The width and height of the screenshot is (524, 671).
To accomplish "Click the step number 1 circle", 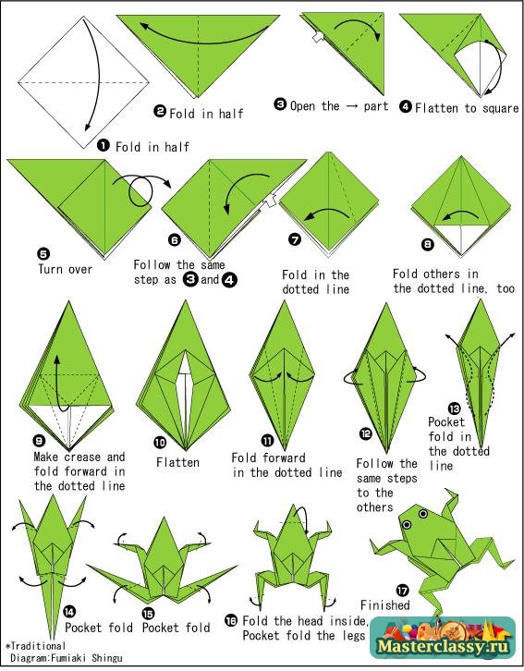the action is coord(104,145).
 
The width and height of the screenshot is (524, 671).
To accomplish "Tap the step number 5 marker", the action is coord(43,254).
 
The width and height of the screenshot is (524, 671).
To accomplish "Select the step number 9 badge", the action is coord(39,441).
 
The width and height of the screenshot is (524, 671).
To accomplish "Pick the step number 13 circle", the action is coord(455,409).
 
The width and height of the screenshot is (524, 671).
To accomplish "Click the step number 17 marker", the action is coord(403,591).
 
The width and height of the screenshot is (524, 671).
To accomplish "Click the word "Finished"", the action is coord(385,605).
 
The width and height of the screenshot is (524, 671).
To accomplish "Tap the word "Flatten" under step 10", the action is coord(177,462).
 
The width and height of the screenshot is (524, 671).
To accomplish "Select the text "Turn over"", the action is coord(65,269).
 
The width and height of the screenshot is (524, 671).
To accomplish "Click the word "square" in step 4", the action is coord(500,108).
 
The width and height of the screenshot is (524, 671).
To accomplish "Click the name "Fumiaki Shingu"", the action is coord(87,658).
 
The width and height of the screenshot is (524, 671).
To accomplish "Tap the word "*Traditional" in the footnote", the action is coord(35,646).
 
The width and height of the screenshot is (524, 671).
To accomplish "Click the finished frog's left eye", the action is coord(407,524).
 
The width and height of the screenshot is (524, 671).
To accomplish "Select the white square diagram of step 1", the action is coord(83,82).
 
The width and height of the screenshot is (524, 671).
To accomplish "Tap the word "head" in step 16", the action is coord(311,620).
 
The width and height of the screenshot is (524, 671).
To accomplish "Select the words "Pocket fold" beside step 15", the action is coord(177,628).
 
